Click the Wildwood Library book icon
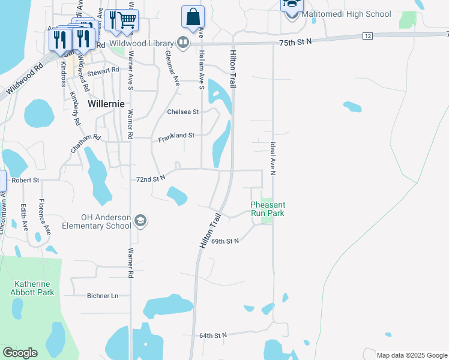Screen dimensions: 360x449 pyautogui.click(x=182, y=43)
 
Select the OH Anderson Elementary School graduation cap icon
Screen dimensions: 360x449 pyautogui.click(x=140, y=221)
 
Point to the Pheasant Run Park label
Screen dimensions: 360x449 pyautogui.click(x=267, y=209)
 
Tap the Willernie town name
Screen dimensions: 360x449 pyautogui.click(x=106, y=103)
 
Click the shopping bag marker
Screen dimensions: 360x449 pyautogui.click(x=193, y=18)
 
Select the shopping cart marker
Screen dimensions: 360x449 pyautogui.click(x=127, y=20)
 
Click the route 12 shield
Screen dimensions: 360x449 pyautogui.click(x=367, y=37)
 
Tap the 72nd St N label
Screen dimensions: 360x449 pyautogui.click(x=151, y=179)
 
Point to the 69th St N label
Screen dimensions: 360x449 pyautogui.click(x=225, y=241)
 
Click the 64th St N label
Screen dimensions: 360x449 pyautogui.click(x=213, y=335)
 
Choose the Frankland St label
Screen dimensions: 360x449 pyautogui.click(x=176, y=137)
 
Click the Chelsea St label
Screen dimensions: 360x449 pyautogui.click(x=183, y=112)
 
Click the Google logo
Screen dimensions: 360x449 pyautogui.click(x=20, y=353)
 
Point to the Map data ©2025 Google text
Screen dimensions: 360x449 pyautogui.click(x=411, y=355)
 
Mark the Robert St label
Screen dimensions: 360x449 pyautogui.click(x=25, y=179)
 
